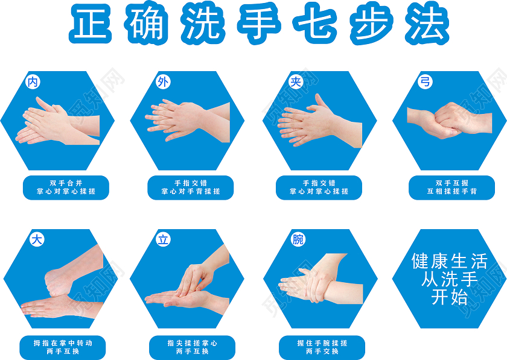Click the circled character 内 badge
33,81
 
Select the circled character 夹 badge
296,81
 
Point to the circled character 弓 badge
426,81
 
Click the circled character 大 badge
37,239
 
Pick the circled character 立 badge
163,239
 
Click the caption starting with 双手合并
66,187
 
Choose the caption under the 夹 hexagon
319,187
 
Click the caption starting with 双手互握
451,187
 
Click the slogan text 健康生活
449,262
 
